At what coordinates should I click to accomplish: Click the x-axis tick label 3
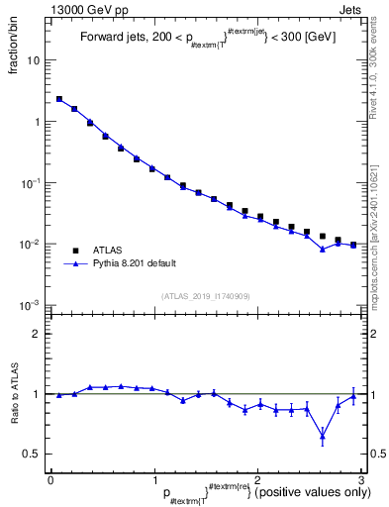361,481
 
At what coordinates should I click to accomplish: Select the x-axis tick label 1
154,481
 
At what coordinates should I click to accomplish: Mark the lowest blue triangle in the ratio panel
323,436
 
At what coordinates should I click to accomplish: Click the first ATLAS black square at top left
59,99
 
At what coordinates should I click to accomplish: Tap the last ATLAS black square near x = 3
353,244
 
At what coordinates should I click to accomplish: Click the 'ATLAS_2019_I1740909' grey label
206,296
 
